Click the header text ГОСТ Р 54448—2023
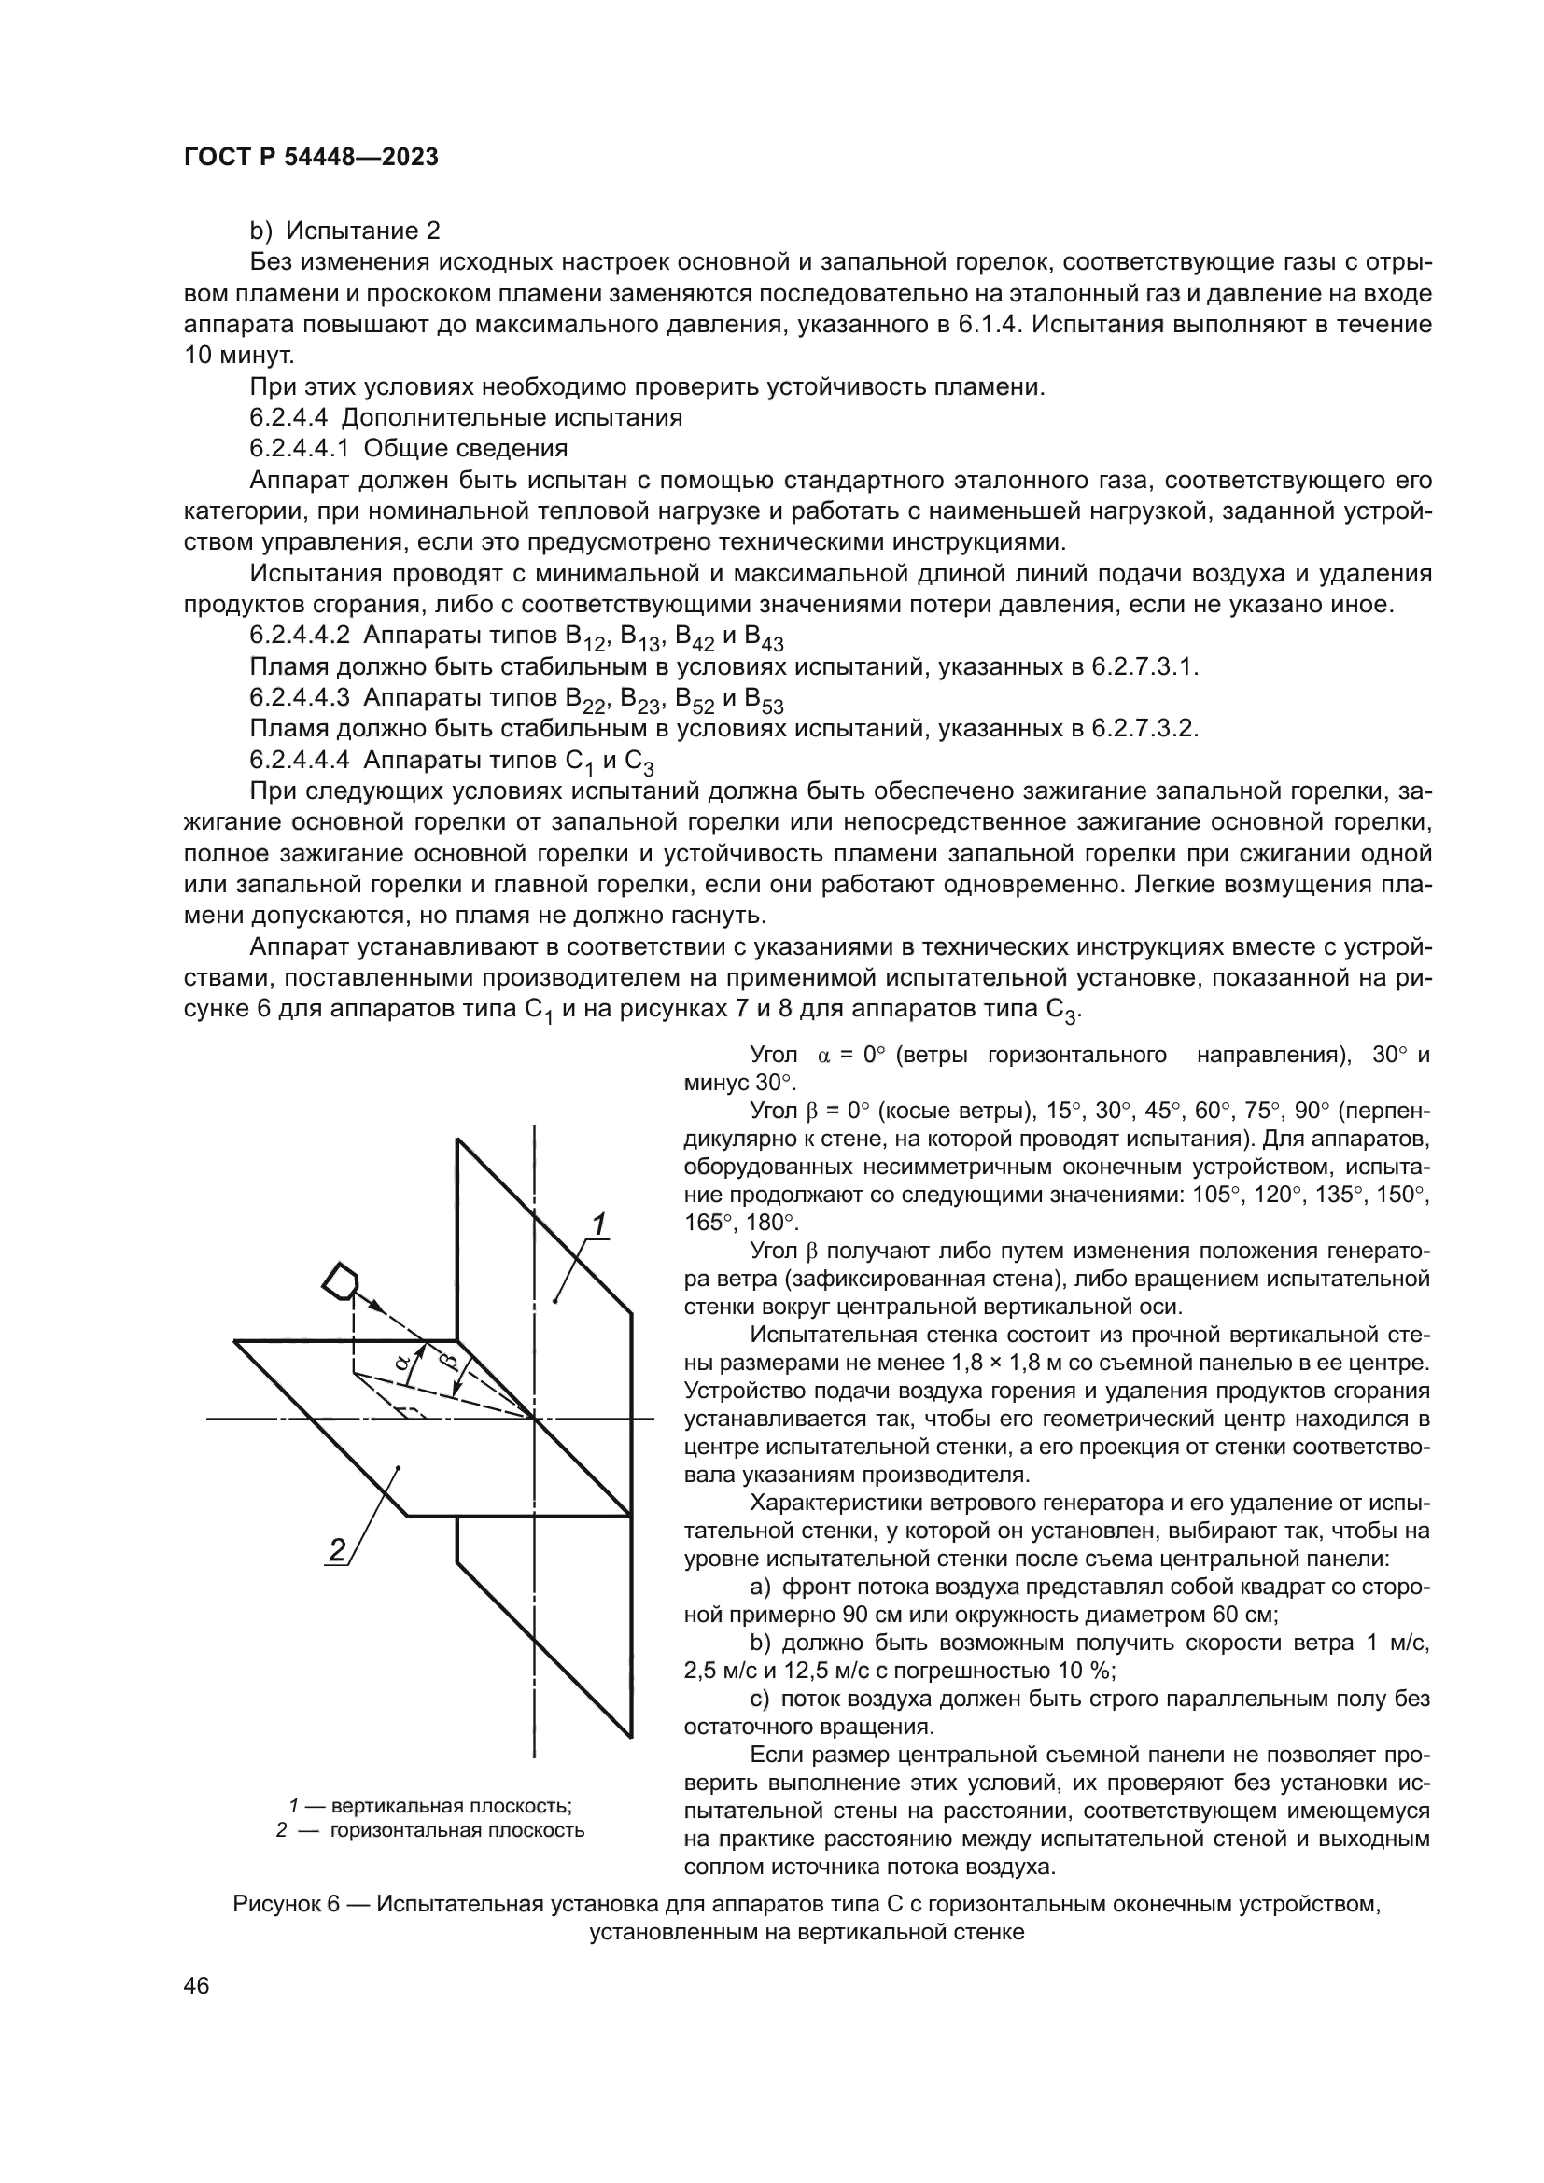(311, 158)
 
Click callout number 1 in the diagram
(599, 1224)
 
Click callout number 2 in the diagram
(337, 1549)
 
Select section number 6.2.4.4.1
(301, 448)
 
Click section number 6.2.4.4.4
(301, 760)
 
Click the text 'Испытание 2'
(363, 231)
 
